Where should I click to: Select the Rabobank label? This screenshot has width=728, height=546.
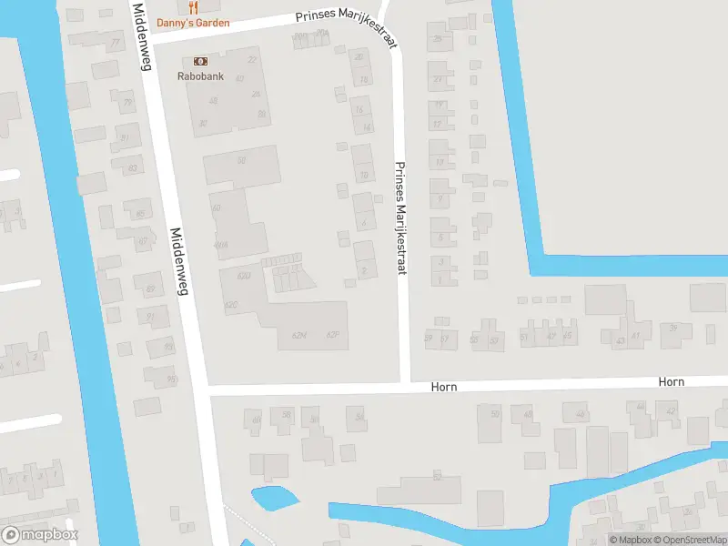click(x=200, y=76)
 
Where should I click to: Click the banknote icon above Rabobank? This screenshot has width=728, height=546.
click(x=200, y=61)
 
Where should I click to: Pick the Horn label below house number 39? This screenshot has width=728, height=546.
click(x=672, y=382)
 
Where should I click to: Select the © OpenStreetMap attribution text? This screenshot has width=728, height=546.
click(x=688, y=540)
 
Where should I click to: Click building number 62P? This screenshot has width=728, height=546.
click(x=333, y=335)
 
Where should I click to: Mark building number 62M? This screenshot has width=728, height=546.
click(x=299, y=335)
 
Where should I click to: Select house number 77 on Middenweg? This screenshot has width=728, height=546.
click(x=115, y=43)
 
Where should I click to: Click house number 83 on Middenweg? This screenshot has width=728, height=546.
click(x=133, y=168)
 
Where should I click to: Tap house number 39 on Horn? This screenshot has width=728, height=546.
click(x=674, y=328)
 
